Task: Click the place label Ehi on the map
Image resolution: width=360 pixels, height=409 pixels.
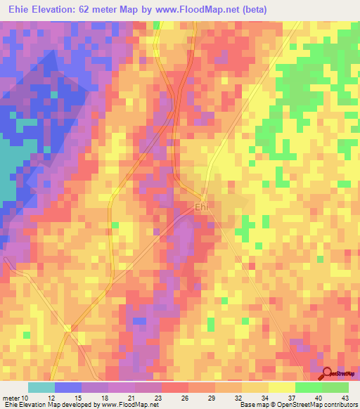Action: click(202, 207)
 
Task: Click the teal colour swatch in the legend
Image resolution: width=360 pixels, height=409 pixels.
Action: click(41, 387)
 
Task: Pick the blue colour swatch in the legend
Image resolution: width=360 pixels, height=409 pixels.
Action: click(68, 387)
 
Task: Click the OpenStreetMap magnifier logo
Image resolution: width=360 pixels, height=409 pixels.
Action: click(328, 373)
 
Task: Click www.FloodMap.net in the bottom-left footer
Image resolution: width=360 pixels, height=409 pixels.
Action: click(130, 405)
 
